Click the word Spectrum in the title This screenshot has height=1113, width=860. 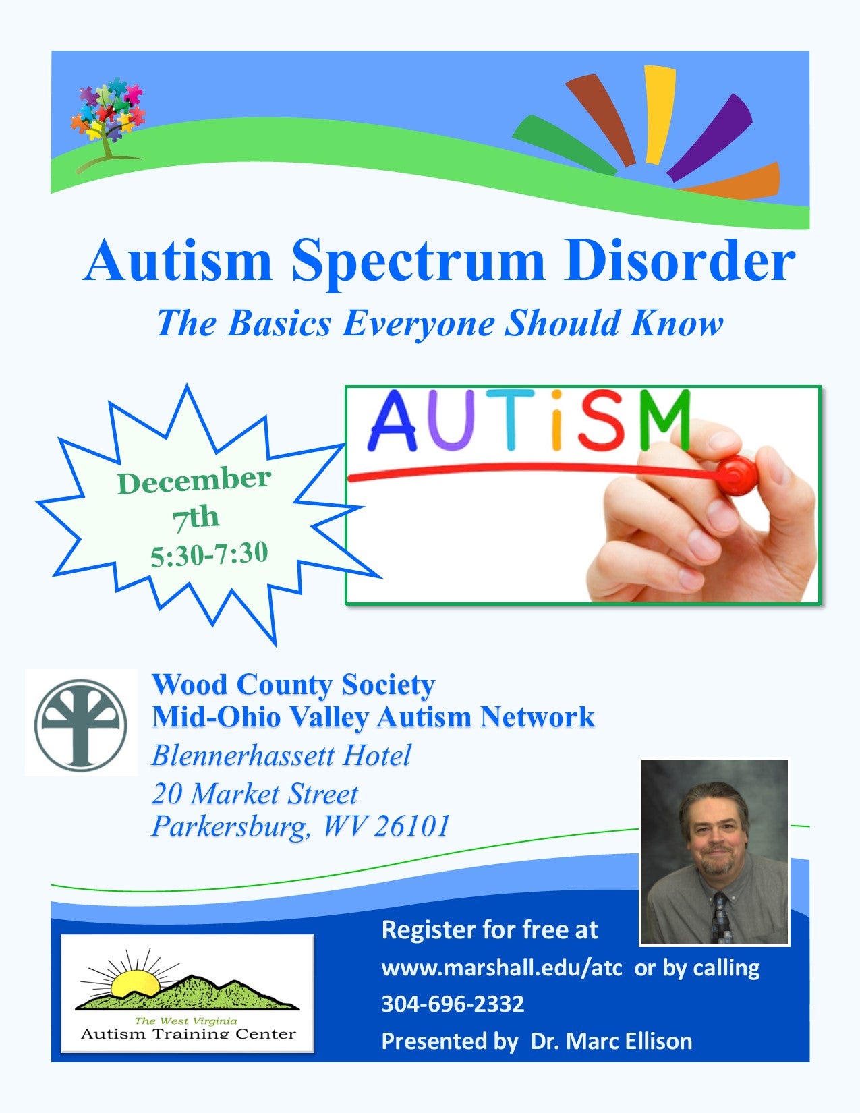pyautogui.click(x=418, y=263)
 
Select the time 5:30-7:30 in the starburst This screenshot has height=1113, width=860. pyautogui.click(x=209, y=554)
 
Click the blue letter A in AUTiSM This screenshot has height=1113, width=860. pyautogui.click(x=393, y=420)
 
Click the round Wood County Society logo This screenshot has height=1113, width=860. pyautogui.click(x=81, y=724)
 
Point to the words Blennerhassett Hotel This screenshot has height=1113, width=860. pyautogui.click(x=281, y=755)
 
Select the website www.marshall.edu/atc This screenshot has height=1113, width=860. pyautogui.click(x=502, y=968)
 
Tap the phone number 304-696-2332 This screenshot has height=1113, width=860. pyautogui.click(x=453, y=1004)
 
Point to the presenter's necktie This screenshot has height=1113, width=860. pyautogui.click(x=720, y=917)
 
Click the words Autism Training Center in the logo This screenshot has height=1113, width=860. pyautogui.click(x=188, y=1034)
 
